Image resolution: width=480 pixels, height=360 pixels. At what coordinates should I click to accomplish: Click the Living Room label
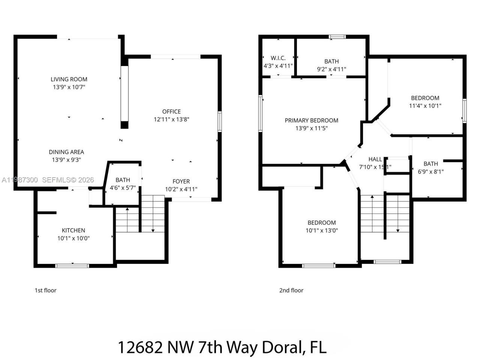click(69, 79)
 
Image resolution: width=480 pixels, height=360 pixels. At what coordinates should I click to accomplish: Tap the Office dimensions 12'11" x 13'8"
click(171, 119)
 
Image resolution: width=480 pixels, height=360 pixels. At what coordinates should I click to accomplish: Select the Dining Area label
click(66, 152)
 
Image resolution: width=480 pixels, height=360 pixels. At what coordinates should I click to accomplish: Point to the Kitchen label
click(73, 230)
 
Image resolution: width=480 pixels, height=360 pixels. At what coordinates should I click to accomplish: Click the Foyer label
click(181, 181)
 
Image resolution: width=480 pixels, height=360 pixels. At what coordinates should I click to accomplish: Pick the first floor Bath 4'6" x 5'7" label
click(123, 180)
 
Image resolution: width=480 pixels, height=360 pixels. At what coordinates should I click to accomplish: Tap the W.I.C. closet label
click(278, 58)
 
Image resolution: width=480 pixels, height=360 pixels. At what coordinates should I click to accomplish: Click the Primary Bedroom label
click(311, 120)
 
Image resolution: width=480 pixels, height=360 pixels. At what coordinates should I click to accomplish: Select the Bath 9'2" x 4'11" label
click(331, 61)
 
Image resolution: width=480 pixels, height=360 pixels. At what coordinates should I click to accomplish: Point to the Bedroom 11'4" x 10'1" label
click(425, 98)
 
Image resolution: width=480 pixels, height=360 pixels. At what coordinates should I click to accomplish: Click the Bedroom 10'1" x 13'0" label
click(322, 222)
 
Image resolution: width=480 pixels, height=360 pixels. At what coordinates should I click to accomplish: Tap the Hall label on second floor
click(375, 159)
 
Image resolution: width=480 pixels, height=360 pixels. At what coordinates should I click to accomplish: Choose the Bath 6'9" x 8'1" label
click(430, 163)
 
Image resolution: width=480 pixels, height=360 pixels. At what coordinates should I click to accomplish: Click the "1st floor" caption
click(45, 290)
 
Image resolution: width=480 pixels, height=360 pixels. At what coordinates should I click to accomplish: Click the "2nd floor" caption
click(291, 290)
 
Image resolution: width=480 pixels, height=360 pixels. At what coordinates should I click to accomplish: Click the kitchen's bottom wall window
click(72, 266)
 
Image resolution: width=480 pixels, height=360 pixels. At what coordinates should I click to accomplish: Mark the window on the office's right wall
click(219, 121)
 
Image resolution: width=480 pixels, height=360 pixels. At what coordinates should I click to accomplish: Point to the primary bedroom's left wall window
click(260, 113)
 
